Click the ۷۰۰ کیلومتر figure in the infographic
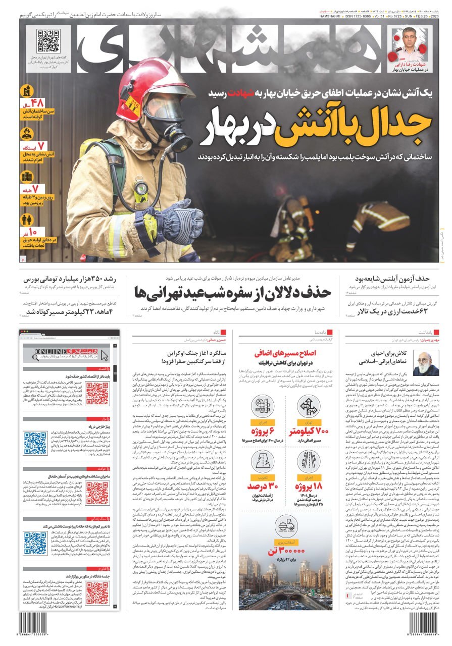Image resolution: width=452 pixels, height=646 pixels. coord(309,431)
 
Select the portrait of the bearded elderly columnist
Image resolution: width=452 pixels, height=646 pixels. coord(426,363)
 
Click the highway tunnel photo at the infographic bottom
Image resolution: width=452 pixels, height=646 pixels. coord(286,585)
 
